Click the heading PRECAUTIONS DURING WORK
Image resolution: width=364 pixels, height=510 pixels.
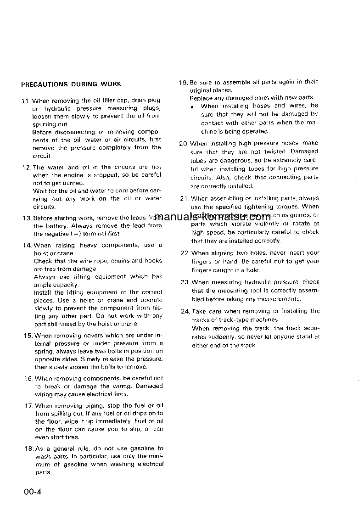[71, 84]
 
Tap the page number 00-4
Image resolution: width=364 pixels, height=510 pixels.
[33, 493]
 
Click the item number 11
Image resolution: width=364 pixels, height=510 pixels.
[26, 101]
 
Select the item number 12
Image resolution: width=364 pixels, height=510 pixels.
[26, 167]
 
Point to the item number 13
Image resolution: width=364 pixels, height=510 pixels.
[27, 218]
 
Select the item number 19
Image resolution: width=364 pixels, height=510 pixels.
[183, 82]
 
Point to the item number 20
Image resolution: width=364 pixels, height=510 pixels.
[184, 143]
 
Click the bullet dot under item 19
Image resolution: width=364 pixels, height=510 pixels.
[192, 106]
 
